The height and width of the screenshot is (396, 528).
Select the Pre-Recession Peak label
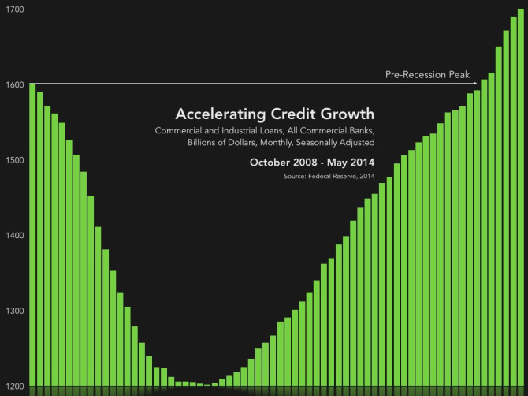pyautogui.click(x=427, y=75)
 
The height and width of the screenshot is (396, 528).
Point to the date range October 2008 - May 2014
pyautogui.click(x=312, y=162)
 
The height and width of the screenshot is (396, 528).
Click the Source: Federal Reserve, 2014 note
pyautogui.click(x=329, y=176)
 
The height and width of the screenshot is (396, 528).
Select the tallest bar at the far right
pyautogui.click(x=521, y=197)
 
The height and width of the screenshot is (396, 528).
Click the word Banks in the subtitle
pyautogui.click(x=358, y=129)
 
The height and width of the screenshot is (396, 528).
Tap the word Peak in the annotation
pyautogui.click(x=457, y=75)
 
